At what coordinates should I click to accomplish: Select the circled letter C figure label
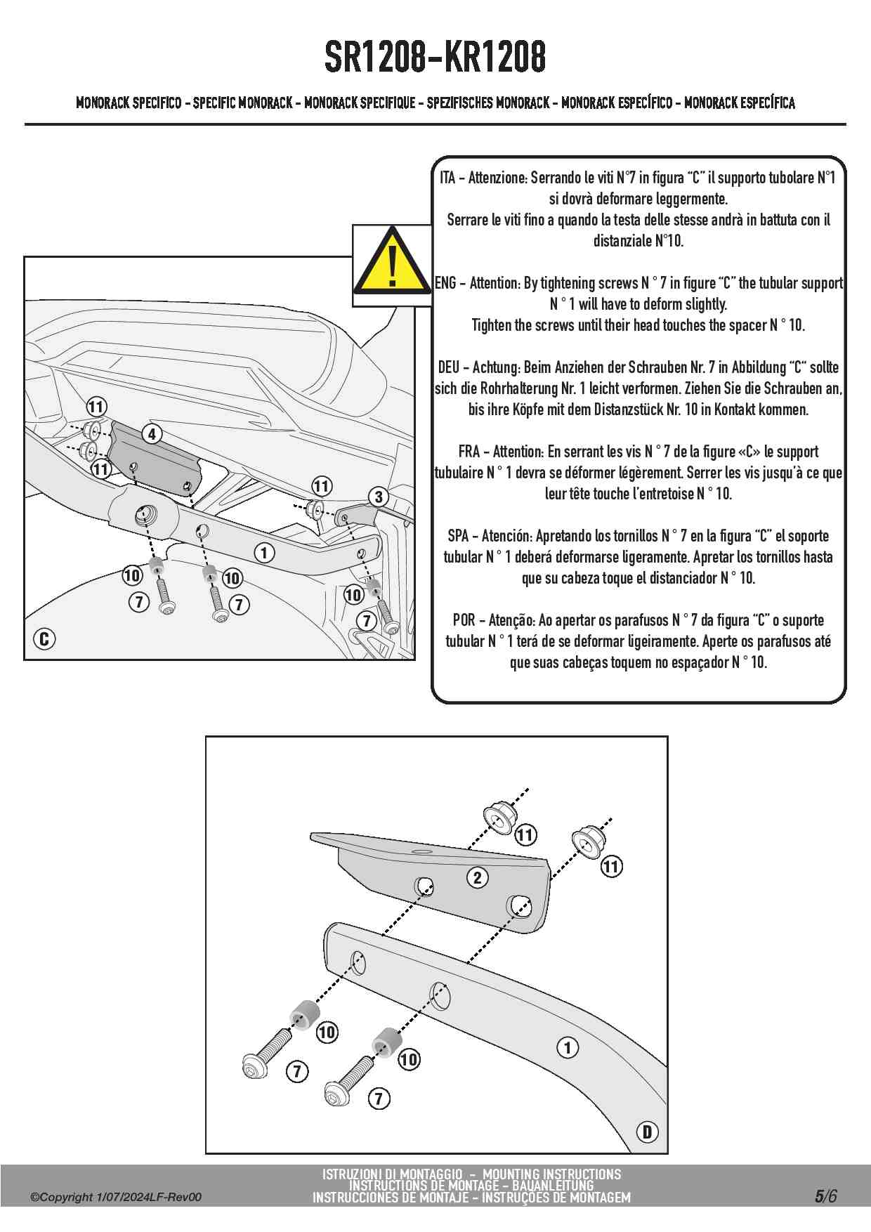pos(44,639)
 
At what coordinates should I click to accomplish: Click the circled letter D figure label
pos(647,1132)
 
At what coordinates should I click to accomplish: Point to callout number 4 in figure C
pos(152,434)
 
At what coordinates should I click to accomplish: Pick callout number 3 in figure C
pos(379,497)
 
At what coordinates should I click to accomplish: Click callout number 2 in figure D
pos(478,877)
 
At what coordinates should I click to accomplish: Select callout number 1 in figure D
pos(568,1048)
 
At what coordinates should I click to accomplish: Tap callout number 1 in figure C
pos(264,553)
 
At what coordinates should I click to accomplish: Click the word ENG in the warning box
pos(446,283)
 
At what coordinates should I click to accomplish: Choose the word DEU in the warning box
pos(449,367)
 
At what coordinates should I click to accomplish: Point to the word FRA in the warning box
pos(469,452)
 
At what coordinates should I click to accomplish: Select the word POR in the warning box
pos(464,620)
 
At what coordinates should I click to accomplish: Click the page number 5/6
pos(826,1196)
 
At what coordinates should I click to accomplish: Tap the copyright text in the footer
pos(116,1197)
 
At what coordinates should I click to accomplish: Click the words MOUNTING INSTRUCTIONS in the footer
pos(551,1174)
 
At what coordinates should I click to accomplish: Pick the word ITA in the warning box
pos(447,178)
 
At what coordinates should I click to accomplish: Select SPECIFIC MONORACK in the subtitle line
pos(242,103)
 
